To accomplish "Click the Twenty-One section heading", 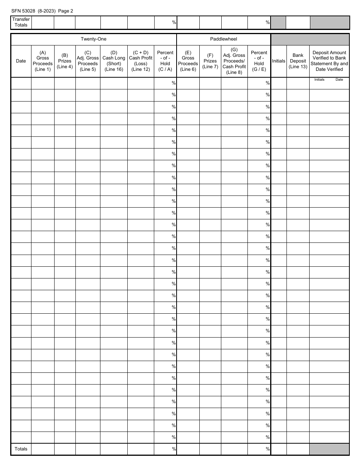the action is pyautogui.click(x=93, y=39).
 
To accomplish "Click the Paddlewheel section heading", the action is pyautogui.click(x=224, y=39).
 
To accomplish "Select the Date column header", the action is pyautogui.click(x=21, y=61).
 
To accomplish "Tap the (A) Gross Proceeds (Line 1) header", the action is pyautogui.click(x=42, y=61).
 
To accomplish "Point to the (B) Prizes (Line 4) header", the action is pyautogui.click(x=65, y=61).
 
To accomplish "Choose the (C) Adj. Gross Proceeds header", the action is pyautogui.click(x=88, y=61).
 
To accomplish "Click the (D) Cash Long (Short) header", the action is pyautogui.click(x=114, y=61).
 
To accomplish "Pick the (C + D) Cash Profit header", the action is pyautogui.click(x=141, y=61).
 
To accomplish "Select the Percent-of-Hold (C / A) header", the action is pyautogui.click(x=165, y=61).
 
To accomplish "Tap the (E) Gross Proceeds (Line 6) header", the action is pyautogui.click(x=188, y=61).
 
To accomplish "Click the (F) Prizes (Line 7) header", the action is pyautogui.click(x=210, y=61).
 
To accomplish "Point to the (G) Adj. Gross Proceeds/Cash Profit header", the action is pyautogui.click(x=234, y=61).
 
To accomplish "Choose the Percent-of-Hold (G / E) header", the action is pyautogui.click(x=259, y=61).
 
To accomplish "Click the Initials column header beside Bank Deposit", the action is pyautogui.click(x=279, y=61).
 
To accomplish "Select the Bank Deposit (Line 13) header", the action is pyautogui.click(x=298, y=61).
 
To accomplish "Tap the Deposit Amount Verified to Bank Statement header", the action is pyautogui.click(x=329, y=61).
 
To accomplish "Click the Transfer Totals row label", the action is pyautogui.click(x=21, y=22).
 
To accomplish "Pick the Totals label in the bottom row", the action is pyautogui.click(x=21, y=449).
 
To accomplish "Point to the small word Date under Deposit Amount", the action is pyautogui.click(x=339, y=80).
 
